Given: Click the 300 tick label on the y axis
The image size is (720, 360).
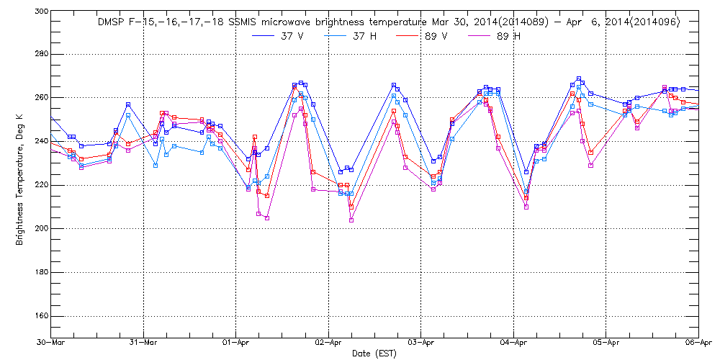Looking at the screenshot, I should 40,12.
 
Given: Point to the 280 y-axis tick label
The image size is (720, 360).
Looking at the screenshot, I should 40,54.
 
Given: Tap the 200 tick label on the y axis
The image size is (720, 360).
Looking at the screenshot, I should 40,229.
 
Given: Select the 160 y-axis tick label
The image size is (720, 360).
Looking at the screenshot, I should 40,316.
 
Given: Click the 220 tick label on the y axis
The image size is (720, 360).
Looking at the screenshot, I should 40,185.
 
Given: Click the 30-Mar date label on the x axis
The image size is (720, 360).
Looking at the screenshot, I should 51,343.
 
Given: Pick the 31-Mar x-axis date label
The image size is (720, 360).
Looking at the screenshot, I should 143,343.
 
